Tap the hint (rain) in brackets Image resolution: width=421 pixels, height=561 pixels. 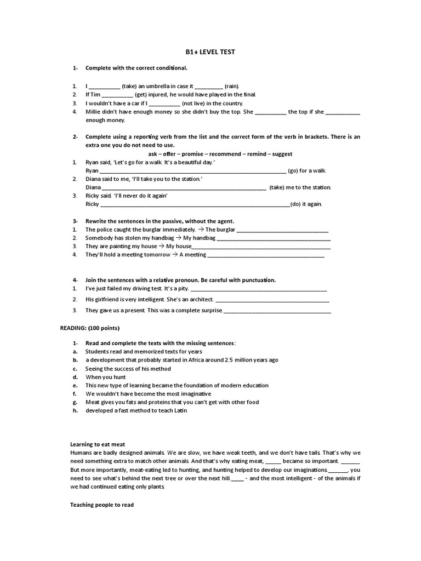click(x=232, y=87)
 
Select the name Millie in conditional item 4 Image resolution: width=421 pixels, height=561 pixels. click(x=93, y=112)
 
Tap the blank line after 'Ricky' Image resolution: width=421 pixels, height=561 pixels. click(x=195, y=204)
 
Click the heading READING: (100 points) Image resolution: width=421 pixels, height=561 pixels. click(x=89, y=328)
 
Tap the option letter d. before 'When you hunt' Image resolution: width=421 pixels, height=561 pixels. click(x=73, y=377)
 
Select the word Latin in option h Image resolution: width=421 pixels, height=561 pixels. click(x=180, y=410)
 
